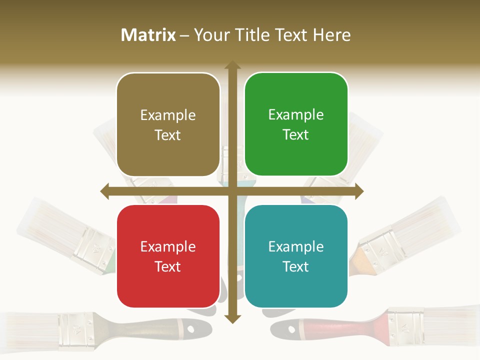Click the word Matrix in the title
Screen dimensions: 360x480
148,35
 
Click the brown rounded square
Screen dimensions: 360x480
168,125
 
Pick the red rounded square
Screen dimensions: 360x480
168,256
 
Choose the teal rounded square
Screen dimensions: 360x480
296,256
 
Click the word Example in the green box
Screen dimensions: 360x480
296,114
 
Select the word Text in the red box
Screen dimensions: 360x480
168,266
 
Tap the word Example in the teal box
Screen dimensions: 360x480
296,246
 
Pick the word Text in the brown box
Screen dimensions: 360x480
168,135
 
